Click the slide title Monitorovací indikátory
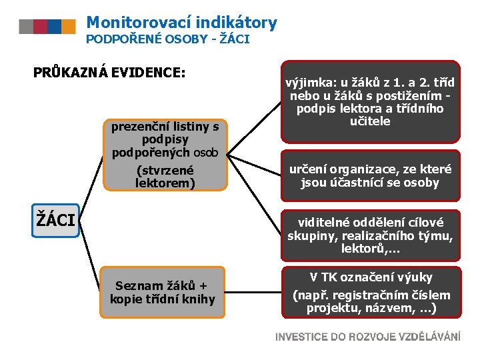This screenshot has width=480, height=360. coord(181,23)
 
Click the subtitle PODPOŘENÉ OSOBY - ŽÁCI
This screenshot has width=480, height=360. coord(168,39)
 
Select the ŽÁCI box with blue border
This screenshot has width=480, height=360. coord(57,219)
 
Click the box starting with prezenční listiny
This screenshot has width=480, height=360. coord(165,153)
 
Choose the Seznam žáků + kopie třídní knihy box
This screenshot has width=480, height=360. coord(163,292)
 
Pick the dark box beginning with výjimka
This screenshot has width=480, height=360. coord(370,102)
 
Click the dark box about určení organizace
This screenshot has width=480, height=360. coord(370,176)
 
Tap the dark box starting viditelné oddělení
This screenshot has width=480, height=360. coord(370,235)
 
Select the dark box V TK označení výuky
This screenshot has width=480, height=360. coord(370,292)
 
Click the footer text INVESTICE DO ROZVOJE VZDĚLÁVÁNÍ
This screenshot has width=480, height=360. coord(368,337)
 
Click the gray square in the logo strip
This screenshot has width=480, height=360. coord(26,27)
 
